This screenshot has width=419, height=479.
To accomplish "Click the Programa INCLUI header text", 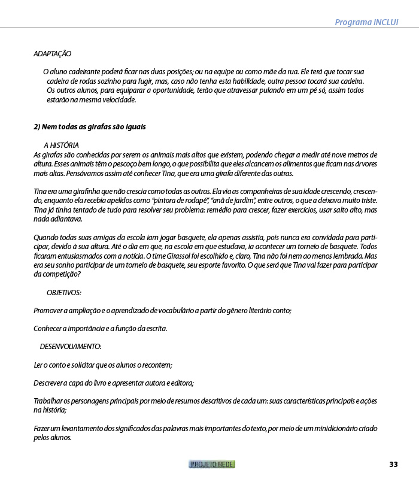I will (366, 22).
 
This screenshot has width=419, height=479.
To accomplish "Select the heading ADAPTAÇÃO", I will (52, 54).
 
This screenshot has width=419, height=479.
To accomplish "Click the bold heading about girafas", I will (89, 127).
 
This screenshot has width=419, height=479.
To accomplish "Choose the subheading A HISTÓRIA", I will (61, 145).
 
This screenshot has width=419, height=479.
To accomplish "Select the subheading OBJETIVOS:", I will (63, 292).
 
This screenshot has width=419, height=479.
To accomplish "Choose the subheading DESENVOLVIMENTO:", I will (71, 347).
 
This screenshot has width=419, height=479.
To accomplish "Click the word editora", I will (182, 383).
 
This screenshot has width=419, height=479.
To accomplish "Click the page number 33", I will (393, 465).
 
